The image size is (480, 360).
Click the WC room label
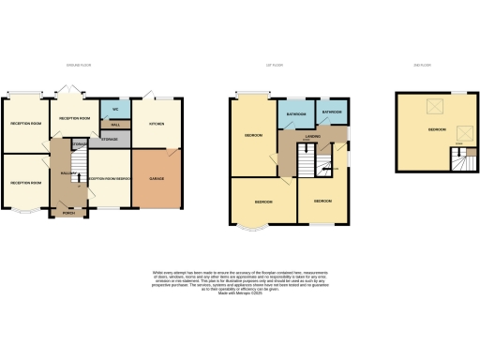pyautogui.click(x=114, y=107)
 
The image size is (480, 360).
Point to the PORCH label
pyautogui.click(x=67, y=212)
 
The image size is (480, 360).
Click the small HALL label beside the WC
pyautogui.click(x=114, y=125)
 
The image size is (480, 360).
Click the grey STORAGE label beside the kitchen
pyautogui.click(x=110, y=139)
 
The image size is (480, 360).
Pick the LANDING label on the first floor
pyautogui.click(x=313, y=137)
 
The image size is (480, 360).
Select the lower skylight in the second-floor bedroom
pyautogui.click(x=462, y=132)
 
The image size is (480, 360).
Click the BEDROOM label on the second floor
pyautogui.click(x=437, y=129)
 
